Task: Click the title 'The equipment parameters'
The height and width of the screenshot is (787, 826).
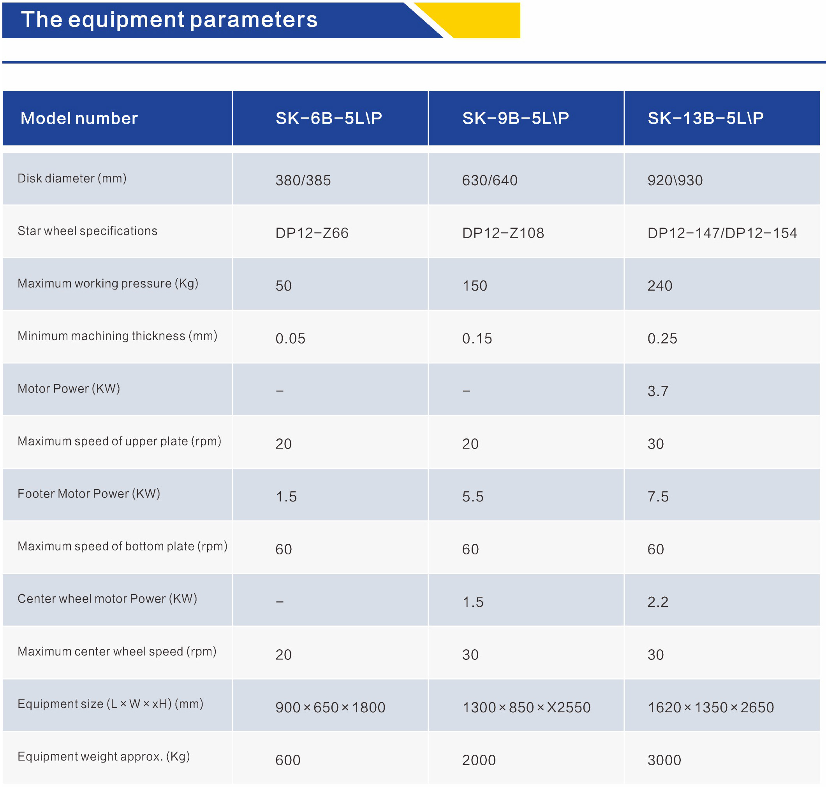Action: click(169, 20)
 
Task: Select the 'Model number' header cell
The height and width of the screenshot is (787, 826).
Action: click(79, 118)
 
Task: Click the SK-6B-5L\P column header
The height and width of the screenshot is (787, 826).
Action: click(329, 118)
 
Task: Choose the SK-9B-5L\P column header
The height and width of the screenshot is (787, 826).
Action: click(516, 118)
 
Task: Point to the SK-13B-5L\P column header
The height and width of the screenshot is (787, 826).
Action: click(706, 118)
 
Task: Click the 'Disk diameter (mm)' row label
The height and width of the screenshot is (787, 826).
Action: click(72, 178)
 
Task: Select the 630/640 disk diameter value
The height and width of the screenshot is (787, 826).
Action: click(490, 181)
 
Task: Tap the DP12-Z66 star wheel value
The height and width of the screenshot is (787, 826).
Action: click(312, 233)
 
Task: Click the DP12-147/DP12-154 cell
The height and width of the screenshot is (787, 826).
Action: click(722, 233)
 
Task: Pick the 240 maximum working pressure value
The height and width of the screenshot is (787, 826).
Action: click(660, 286)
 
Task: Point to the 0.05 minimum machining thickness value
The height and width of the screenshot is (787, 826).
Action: click(290, 338)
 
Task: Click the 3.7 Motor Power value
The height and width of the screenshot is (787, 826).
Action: click(658, 391)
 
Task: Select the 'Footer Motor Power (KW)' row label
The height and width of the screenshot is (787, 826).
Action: click(89, 493)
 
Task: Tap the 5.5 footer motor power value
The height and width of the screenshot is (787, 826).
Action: click(473, 497)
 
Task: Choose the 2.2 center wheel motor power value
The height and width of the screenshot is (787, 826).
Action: click(658, 602)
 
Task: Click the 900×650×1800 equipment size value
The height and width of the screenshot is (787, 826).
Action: click(330, 707)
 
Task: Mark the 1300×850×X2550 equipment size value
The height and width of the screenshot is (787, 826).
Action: click(526, 707)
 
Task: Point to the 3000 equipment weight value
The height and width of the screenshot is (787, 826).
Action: click(664, 760)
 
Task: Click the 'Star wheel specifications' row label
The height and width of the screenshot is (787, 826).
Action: click(87, 231)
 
